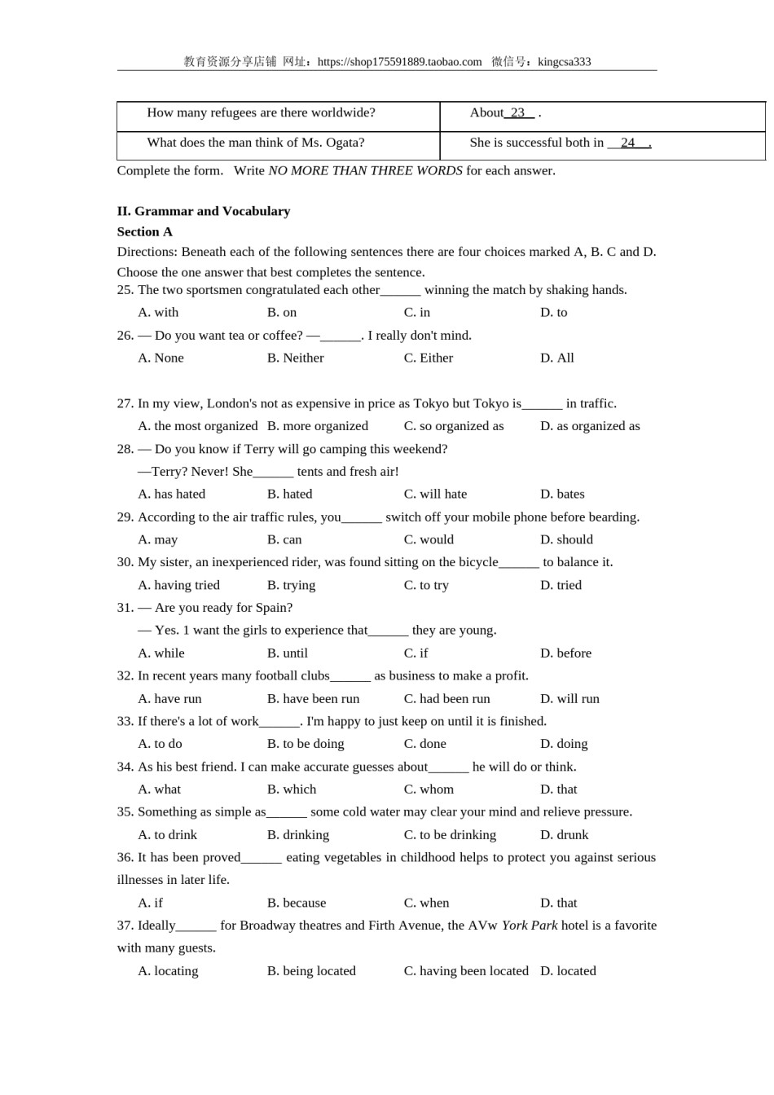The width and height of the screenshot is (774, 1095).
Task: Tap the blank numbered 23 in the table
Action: click(x=519, y=113)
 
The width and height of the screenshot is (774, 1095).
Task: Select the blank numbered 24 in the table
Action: click(x=628, y=143)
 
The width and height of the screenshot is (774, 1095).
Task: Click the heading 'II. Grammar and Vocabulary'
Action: click(x=204, y=211)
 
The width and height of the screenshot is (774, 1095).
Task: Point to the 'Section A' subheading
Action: click(x=145, y=231)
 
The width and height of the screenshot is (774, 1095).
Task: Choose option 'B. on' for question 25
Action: click(x=282, y=312)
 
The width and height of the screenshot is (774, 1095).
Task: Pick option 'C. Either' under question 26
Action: click(x=429, y=358)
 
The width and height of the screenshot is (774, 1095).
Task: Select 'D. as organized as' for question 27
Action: click(x=590, y=426)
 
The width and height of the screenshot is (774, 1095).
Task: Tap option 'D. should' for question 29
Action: click(x=566, y=539)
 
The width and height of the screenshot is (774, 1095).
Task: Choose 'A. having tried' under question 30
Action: click(x=179, y=585)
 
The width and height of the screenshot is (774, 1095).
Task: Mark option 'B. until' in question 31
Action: click(x=288, y=653)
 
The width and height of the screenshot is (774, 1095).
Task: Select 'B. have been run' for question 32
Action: click(x=314, y=699)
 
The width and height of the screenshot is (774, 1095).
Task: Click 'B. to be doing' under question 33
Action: click(x=306, y=744)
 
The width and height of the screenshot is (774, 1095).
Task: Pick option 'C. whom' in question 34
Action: click(x=429, y=789)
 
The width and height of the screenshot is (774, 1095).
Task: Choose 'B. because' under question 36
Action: click(x=297, y=903)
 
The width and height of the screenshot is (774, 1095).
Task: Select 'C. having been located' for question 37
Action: click(x=466, y=971)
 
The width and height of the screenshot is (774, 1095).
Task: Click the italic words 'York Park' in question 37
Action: click(x=530, y=926)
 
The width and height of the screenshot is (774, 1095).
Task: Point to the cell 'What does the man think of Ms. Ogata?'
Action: click(x=256, y=143)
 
